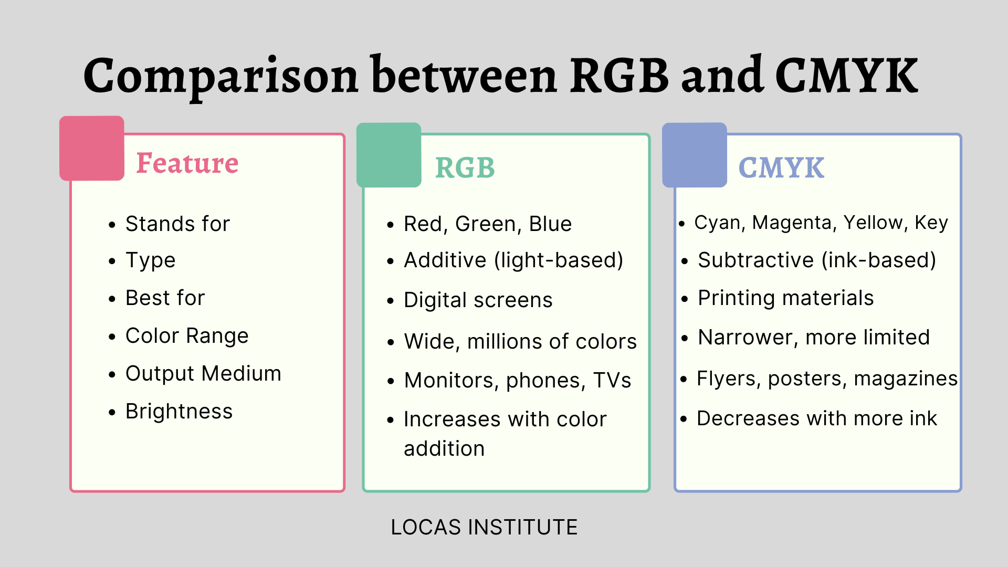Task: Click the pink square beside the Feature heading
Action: tap(92, 148)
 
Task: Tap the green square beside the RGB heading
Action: tap(389, 155)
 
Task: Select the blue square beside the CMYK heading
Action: tap(695, 155)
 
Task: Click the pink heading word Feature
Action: tap(187, 163)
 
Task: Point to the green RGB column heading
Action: tap(465, 168)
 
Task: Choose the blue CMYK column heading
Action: tap(781, 168)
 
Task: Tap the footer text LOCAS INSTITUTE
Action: tap(484, 527)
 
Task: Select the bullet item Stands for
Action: tap(178, 224)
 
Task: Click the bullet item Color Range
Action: tap(187, 336)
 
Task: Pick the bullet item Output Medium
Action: tap(204, 373)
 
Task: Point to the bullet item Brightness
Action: tap(179, 412)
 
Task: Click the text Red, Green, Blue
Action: tap(488, 224)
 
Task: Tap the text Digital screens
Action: tap(478, 300)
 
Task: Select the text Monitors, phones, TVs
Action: tap(518, 381)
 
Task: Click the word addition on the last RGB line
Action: tap(444, 449)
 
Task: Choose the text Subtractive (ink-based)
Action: tap(817, 260)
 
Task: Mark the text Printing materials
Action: tap(786, 298)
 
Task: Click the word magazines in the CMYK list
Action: tap(906, 379)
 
